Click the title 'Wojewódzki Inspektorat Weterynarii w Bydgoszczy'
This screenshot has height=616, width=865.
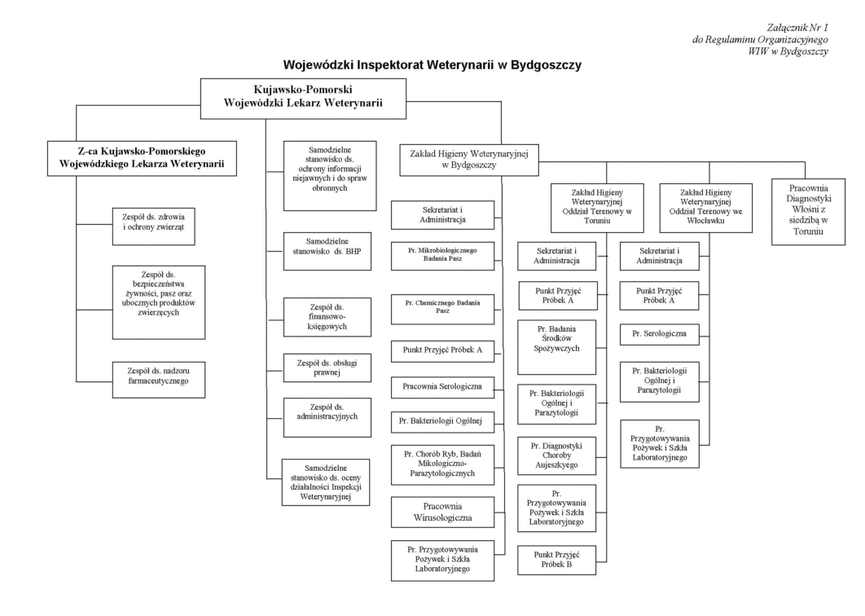tap(432, 65)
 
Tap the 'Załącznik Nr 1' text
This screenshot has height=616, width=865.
tap(797, 28)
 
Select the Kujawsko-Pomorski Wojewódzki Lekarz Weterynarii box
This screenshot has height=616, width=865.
tap(303, 99)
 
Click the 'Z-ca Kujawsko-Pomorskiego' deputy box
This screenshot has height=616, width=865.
tap(142, 158)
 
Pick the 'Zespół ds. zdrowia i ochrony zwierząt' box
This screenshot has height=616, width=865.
tap(153, 227)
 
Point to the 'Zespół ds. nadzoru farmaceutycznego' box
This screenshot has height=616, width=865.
tap(158, 380)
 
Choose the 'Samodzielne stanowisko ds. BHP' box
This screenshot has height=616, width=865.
tap(327, 251)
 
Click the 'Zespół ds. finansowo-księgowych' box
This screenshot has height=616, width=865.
tap(327, 317)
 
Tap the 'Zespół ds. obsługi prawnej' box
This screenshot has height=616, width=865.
tap(327, 367)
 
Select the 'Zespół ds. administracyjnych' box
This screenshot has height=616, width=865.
tap(327, 417)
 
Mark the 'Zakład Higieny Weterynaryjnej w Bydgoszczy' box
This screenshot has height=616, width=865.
tap(469, 160)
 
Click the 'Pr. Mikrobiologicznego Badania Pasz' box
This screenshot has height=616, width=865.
tap(442, 256)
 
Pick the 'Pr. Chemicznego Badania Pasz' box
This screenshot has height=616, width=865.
tap(442, 309)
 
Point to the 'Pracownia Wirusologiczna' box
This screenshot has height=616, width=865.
tap(442, 513)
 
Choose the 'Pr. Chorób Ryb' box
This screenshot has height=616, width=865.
tap(442, 464)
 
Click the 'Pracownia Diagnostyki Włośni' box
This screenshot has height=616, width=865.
tap(808, 211)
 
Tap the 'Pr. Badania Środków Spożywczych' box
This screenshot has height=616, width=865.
tap(556, 347)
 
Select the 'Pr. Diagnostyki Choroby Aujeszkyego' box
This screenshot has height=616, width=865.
tap(556, 456)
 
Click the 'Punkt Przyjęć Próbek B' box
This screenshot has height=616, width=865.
tap(556, 561)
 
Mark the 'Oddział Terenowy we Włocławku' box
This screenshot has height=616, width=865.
tap(706, 208)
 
